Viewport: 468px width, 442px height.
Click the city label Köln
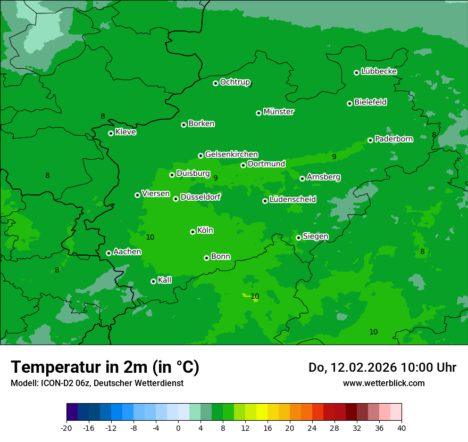(205, 231)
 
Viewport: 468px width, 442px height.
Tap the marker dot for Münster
(258, 113)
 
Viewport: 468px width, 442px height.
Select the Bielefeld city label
(370, 102)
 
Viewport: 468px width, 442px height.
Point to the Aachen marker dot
(108, 253)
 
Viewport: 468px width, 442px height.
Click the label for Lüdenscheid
(292, 200)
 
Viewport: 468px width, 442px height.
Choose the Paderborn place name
(394, 139)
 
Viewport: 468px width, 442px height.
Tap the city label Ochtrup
(235, 82)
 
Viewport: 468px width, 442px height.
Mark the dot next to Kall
(153, 281)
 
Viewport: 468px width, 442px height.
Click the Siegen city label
(315, 236)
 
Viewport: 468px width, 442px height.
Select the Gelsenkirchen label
(231, 154)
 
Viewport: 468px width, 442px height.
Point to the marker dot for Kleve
(111, 133)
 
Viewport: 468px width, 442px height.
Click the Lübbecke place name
(379, 71)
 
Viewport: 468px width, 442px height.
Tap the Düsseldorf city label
(200, 197)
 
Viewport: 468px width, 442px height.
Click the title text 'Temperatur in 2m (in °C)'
(105, 367)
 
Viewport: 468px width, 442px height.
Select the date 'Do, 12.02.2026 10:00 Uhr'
(382, 367)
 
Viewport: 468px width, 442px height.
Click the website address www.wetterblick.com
(383, 383)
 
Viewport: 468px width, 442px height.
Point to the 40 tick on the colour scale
(401, 428)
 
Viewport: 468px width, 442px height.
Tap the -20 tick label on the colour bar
(66, 428)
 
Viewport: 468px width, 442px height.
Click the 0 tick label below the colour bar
(178, 428)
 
